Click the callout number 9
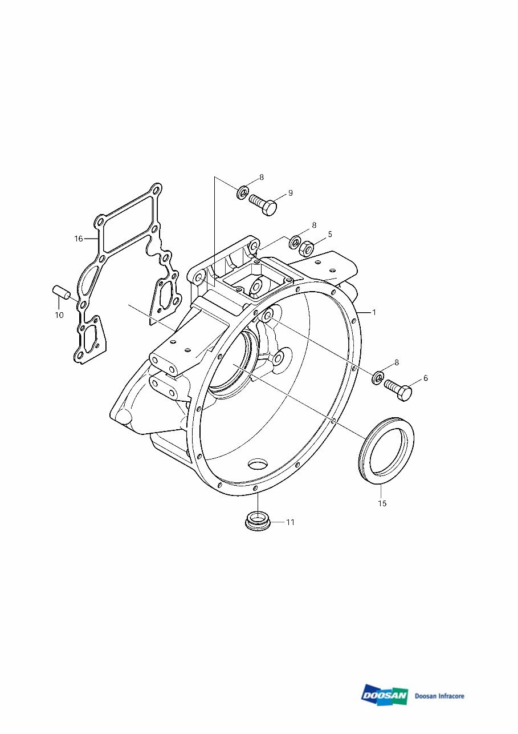click(x=290, y=193)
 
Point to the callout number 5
click(x=329, y=234)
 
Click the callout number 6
click(x=425, y=378)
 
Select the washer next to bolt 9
click(x=242, y=192)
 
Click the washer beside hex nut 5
click(x=295, y=242)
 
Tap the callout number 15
click(x=382, y=503)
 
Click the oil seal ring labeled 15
click(x=386, y=450)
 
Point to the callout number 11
click(x=290, y=522)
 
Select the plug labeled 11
click(x=257, y=521)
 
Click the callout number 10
click(x=59, y=314)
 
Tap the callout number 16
click(x=79, y=239)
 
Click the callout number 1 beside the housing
click(x=374, y=312)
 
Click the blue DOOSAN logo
click(x=384, y=695)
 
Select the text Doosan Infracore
click(x=439, y=696)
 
